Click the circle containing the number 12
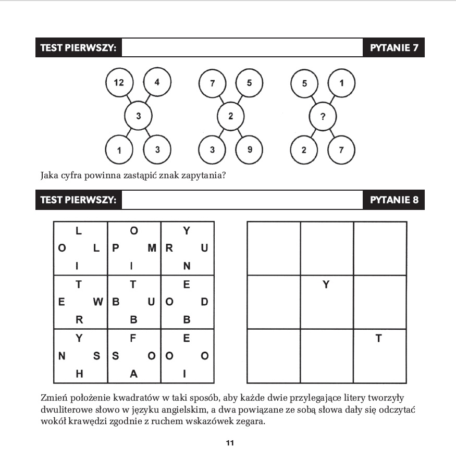(x=119, y=82)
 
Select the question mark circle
(x=323, y=116)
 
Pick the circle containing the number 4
(x=157, y=82)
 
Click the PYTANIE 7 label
(x=394, y=48)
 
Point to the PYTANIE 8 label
(x=394, y=200)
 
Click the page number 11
(x=230, y=443)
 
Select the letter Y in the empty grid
(x=326, y=284)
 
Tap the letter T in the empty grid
(x=379, y=339)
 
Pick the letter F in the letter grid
(x=133, y=338)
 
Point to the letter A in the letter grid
(x=133, y=374)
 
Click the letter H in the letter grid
(x=79, y=374)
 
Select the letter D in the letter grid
(x=204, y=302)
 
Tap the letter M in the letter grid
(x=152, y=248)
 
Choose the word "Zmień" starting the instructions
(x=53, y=398)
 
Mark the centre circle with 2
(x=231, y=116)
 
